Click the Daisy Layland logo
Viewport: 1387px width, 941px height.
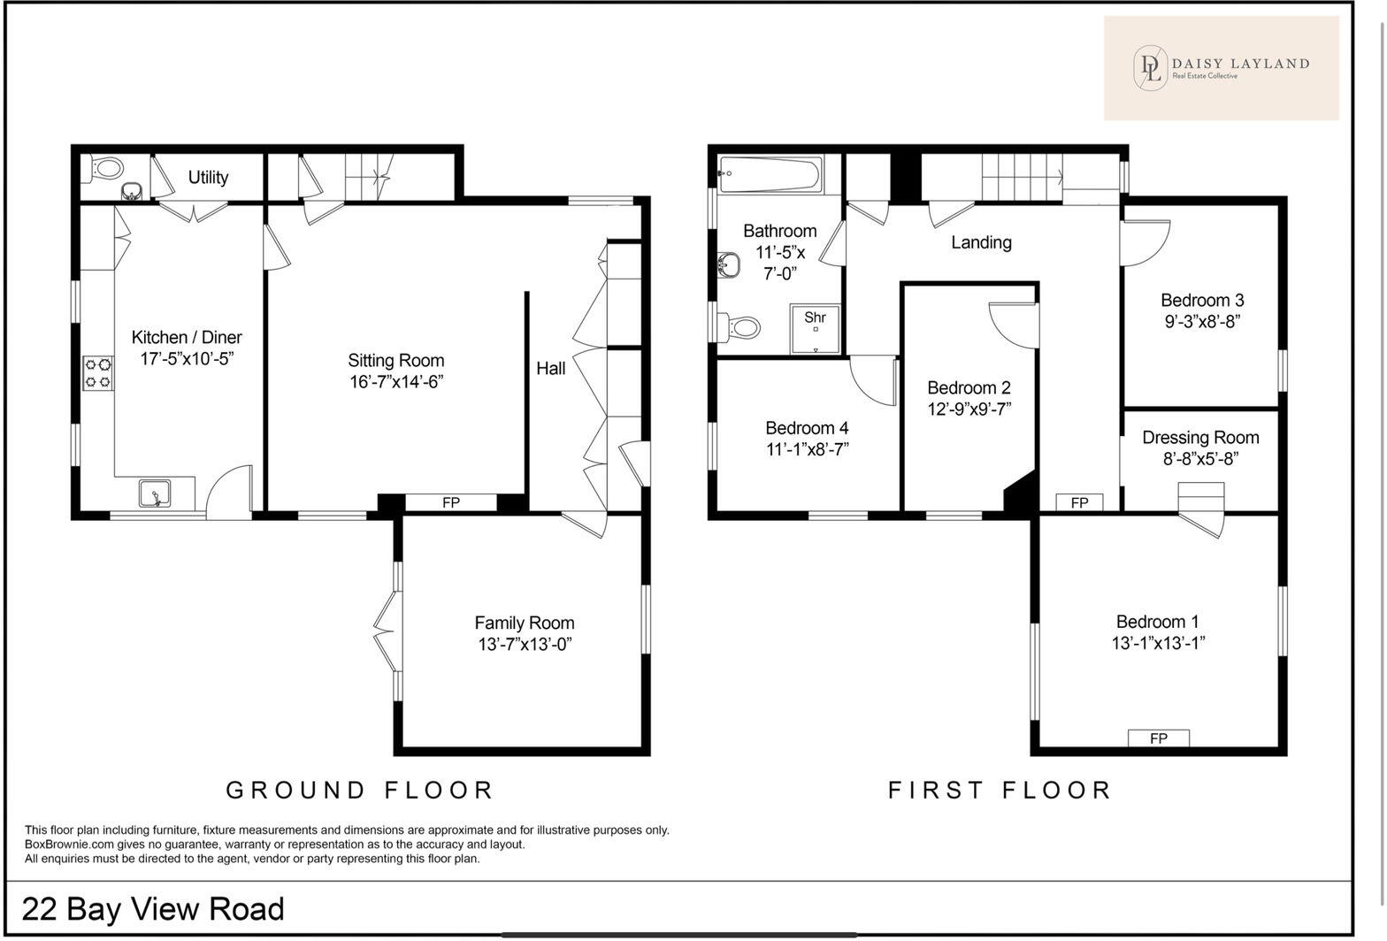pyautogui.click(x=1221, y=67)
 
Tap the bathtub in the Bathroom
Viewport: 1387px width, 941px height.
pyautogui.click(x=770, y=174)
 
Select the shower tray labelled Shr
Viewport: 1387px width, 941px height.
pyautogui.click(x=815, y=329)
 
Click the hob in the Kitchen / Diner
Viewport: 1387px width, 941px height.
pyautogui.click(x=98, y=372)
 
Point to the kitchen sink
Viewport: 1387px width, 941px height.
pyautogui.click(x=155, y=493)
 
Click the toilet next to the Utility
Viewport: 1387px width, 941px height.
pyautogui.click(x=107, y=167)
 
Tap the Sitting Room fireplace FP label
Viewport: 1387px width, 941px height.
pyautogui.click(x=450, y=502)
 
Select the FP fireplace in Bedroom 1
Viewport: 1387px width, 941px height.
pyautogui.click(x=1158, y=738)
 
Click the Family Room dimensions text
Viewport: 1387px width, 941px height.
pyautogui.click(x=525, y=645)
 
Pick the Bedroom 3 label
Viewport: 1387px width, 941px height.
pyautogui.click(x=1201, y=300)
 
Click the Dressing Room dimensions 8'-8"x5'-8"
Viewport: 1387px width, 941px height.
pyautogui.click(x=1200, y=459)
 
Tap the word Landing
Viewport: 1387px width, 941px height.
pyautogui.click(x=981, y=242)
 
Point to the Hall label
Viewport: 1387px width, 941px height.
pyautogui.click(x=550, y=368)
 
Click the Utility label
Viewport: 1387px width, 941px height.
pyautogui.click(x=208, y=178)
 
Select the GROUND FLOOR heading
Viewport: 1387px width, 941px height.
pyautogui.click(x=359, y=790)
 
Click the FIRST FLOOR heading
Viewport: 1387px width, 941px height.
pyautogui.click(x=1000, y=790)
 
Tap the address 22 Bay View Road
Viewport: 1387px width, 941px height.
pyautogui.click(x=153, y=909)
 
